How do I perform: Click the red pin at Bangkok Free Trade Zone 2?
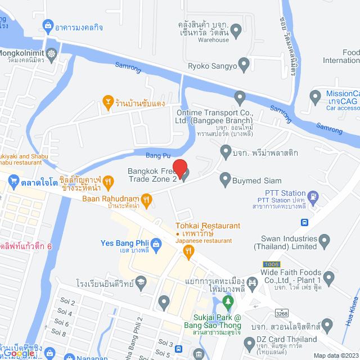click(179, 168)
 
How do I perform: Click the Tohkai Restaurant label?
click(200, 226)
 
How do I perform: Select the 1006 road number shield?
click(271, 264)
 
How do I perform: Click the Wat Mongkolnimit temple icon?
click(52, 53)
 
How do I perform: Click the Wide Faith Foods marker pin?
click(329, 277)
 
